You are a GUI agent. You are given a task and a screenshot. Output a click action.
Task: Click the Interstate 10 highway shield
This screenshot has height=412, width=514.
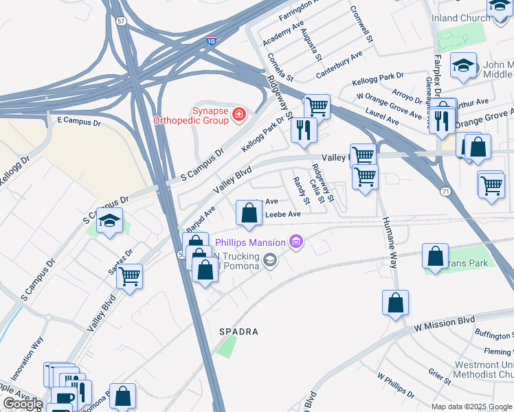[212, 41]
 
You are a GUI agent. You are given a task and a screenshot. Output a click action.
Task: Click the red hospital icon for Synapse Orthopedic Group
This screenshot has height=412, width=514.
[238, 113]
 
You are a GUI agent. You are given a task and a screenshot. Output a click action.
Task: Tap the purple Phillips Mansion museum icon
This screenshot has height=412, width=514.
[296, 242]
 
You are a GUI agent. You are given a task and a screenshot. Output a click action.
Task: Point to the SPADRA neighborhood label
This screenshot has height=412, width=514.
[238, 332]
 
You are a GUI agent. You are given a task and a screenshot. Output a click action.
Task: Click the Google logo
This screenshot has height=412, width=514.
[22, 404]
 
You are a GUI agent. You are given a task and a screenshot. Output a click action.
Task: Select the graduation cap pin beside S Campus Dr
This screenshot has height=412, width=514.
[109, 222]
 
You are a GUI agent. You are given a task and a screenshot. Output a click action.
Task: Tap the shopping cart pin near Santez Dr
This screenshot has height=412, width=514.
[129, 276]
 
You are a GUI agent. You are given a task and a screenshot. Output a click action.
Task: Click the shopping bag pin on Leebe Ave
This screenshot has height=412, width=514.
[248, 213]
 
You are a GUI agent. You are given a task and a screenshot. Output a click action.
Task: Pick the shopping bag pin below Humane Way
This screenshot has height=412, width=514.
[396, 302]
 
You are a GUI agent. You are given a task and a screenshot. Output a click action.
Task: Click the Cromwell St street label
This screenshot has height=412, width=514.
[361, 25]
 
